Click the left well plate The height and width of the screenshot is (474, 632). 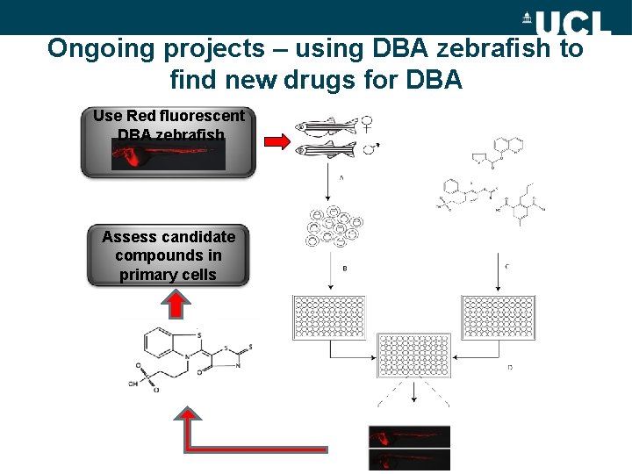(329, 318)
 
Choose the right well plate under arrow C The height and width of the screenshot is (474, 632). (498, 318)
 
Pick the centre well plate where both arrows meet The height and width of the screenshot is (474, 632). (413, 355)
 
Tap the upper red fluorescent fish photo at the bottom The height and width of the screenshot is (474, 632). (409, 436)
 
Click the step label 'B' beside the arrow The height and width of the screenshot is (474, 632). (344, 269)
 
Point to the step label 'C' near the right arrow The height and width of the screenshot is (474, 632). (509, 266)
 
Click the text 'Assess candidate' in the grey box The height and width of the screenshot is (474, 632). (169, 237)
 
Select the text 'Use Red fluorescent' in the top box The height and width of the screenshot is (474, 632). (169, 116)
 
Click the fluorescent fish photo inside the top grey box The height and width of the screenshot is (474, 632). (168, 155)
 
